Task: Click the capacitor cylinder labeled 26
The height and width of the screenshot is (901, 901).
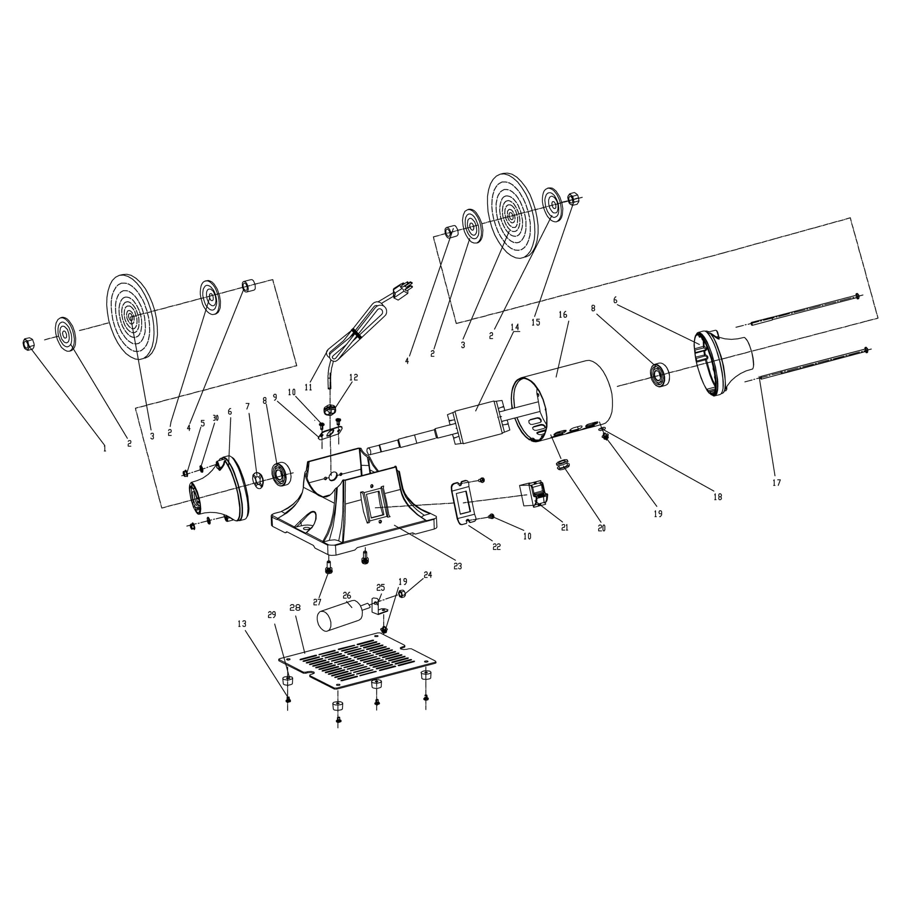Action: coord(340,616)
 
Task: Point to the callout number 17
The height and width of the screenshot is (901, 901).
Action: coord(776,483)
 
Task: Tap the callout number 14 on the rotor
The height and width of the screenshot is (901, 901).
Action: coord(515,327)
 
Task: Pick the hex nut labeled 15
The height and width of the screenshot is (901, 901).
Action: coord(574,198)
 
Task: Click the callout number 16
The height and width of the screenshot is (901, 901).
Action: coord(563,314)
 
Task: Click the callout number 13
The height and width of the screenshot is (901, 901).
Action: coord(241,624)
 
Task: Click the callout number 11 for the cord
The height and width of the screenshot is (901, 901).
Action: coord(308,387)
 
